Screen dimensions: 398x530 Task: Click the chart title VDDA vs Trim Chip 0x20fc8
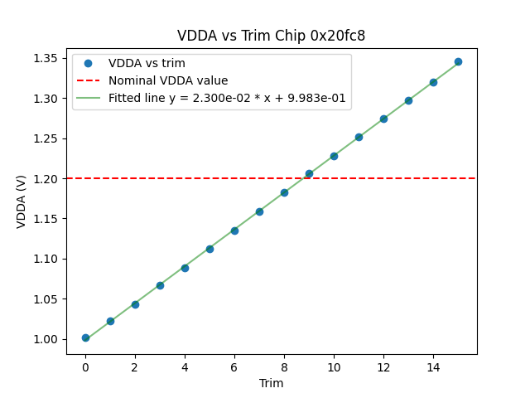(271, 36)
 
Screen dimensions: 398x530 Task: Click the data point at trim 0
(85, 337)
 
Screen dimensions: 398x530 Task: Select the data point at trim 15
(458, 61)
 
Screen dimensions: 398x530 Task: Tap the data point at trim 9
(309, 174)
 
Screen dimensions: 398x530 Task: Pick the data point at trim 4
(185, 268)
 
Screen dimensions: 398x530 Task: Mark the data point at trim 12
(383, 119)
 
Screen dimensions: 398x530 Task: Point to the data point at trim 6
(234, 231)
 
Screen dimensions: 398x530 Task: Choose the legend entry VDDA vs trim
(147, 64)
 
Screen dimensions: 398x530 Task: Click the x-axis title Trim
(271, 383)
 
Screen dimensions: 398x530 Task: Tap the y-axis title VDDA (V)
(22, 200)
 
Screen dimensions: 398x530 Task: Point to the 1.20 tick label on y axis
(46, 178)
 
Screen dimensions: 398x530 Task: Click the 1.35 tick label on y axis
(46, 58)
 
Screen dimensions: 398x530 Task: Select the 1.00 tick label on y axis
(46, 339)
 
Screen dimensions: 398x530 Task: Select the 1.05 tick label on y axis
(46, 299)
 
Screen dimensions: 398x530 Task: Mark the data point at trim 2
(135, 304)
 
